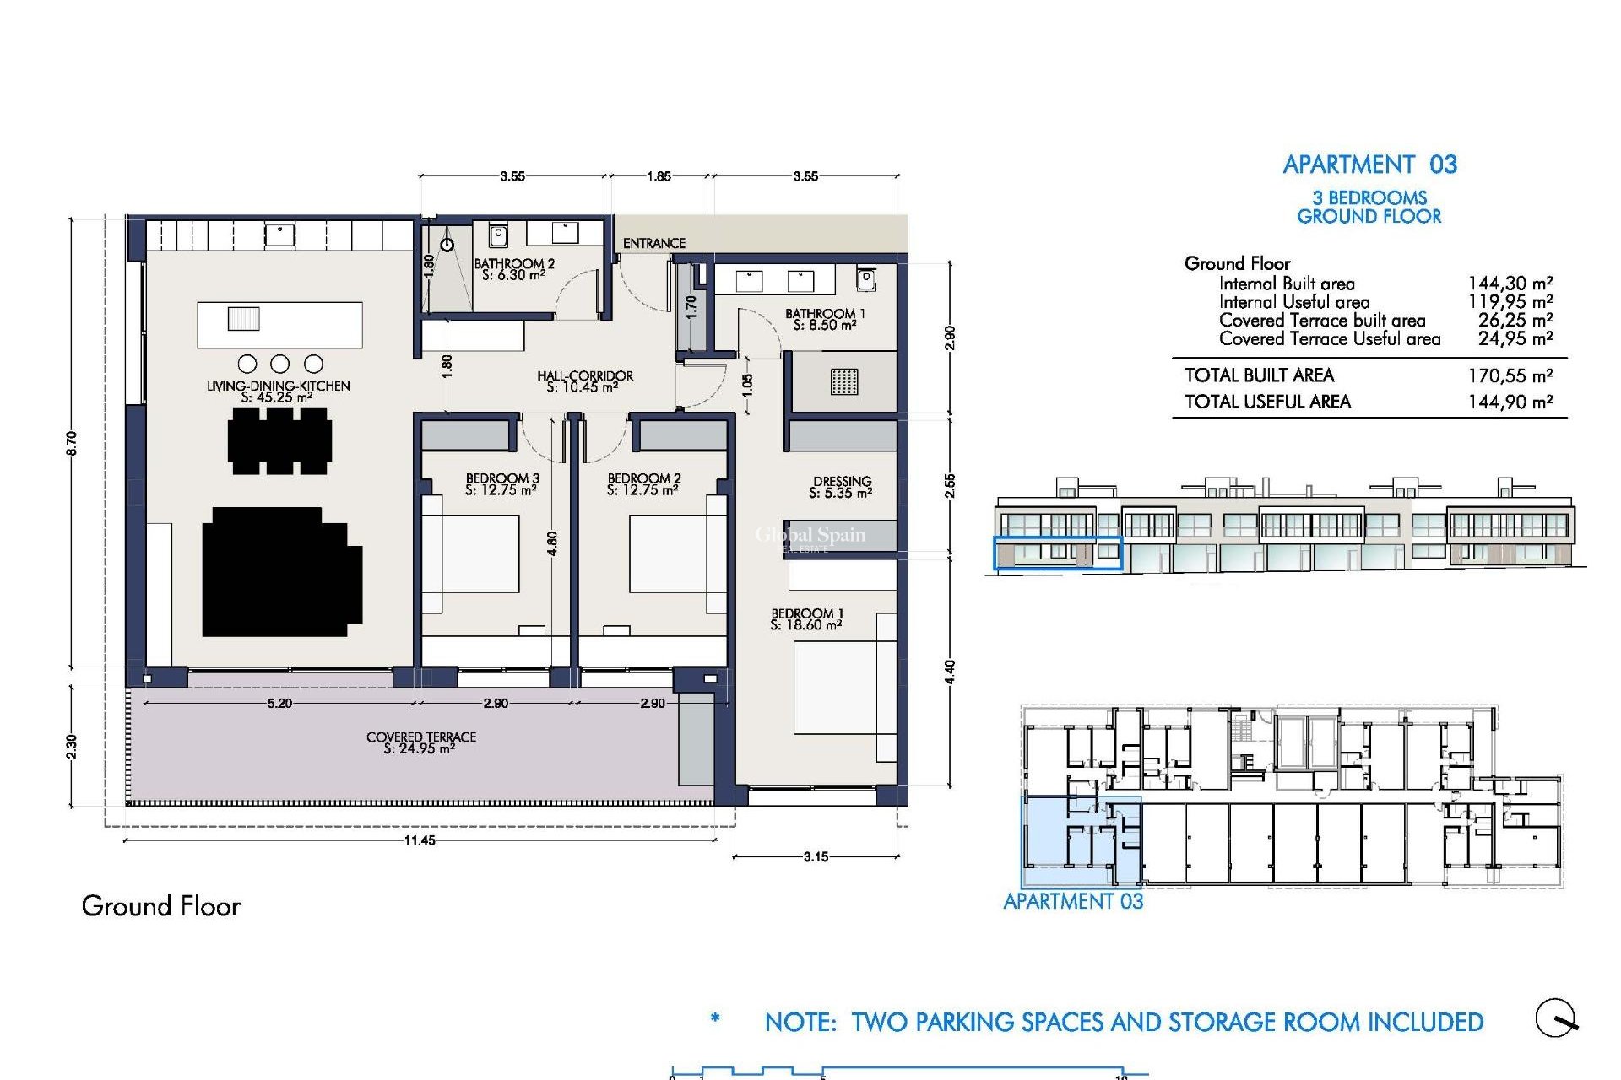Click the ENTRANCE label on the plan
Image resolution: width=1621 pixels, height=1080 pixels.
pyautogui.click(x=653, y=243)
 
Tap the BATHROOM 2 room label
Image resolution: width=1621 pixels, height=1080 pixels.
pyautogui.click(x=514, y=269)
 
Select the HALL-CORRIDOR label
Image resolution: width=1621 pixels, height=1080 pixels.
pyautogui.click(x=584, y=381)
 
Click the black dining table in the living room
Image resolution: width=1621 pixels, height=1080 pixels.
pyautogui.click(x=279, y=440)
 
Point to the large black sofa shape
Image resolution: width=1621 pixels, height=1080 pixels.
pyautogui.click(x=281, y=571)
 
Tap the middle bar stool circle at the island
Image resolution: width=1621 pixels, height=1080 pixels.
pyautogui.click(x=280, y=364)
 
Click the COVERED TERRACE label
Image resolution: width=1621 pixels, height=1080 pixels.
pyautogui.click(x=421, y=742)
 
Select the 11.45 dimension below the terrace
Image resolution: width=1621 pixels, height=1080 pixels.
pyautogui.click(x=420, y=840)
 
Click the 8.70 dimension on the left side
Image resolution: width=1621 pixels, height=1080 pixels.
pyautogui.click(x=71, y=443)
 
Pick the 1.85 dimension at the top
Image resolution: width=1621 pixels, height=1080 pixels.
pyautogui.click(x=659, y=176)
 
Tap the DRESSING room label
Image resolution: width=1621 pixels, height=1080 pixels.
pyautogui.click(x=842, y=487)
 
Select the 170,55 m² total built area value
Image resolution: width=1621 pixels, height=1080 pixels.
pyautogui.click(x=1510, y=376)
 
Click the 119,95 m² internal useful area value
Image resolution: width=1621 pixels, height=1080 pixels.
pyautogui.click(x=1510, y=302)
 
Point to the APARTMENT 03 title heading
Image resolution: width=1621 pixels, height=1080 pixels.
pyautogui.click(x=1369, y=165)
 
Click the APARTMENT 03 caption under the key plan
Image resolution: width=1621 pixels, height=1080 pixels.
pyautogui.click(x=1073, y=901)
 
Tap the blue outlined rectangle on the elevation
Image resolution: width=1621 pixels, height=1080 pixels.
pyautogui.click(x=1058, y=553)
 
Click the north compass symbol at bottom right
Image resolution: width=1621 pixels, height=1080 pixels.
pyautogui.click(x=1556, y=1018)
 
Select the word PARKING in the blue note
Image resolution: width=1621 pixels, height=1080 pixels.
pyautogui.click(x=966, y=1023)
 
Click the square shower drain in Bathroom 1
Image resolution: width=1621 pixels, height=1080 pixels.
pyautogui.click(x=843, y=381)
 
